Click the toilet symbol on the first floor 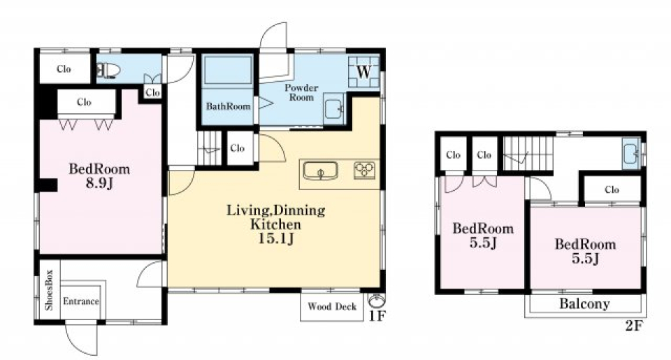108,70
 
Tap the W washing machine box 363,71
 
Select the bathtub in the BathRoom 228,71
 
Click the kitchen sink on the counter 321,171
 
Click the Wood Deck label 332,306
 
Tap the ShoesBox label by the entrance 49,290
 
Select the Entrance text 81,301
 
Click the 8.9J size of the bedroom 100,183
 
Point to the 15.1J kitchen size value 275,238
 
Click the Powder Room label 301,92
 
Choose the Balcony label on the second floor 584,304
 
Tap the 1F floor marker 377,317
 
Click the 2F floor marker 634,326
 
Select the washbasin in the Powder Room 333,109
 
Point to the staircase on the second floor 528,154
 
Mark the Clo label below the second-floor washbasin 612,189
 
